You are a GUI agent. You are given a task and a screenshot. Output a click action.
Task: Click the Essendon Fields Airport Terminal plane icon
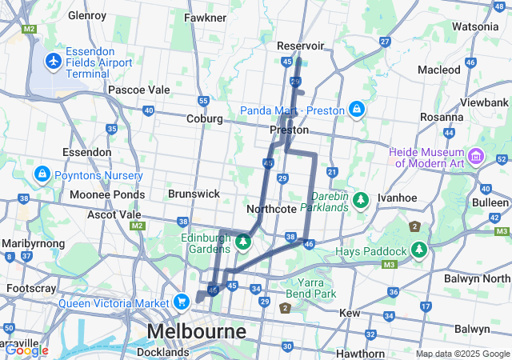54,61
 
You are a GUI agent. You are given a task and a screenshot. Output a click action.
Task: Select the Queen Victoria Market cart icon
182,302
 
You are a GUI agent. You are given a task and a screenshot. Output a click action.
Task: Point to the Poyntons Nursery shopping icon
41,173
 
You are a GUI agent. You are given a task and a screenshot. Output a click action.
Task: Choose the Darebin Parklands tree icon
361,198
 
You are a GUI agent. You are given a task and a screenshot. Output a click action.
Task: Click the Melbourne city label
195,331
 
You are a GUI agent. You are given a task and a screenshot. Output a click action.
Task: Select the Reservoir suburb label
299,46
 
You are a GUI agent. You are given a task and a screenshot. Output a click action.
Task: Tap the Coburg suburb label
204,119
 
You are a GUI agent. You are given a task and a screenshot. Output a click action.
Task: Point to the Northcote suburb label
272,209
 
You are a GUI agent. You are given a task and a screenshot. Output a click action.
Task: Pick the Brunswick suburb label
194,194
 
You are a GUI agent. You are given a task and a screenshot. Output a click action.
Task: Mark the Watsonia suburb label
475,26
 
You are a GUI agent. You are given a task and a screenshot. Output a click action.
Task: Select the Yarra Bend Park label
311,288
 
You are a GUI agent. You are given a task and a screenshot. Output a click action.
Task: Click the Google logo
26,350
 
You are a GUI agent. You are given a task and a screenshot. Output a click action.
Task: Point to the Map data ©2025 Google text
462,354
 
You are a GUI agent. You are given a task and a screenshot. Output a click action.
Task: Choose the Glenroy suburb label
87,14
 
